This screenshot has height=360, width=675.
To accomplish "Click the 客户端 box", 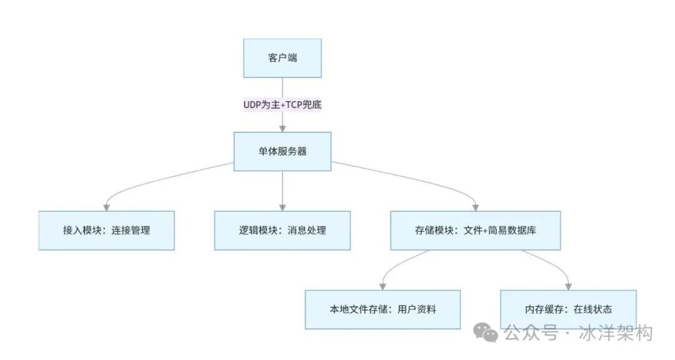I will tap(282, 57).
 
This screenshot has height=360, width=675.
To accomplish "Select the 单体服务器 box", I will tap(282, 151).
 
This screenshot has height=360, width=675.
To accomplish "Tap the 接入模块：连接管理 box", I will tap(106, 230).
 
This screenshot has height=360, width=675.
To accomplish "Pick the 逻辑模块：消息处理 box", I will tap(282, 230).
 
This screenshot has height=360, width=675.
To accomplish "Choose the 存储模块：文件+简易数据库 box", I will tap(476, 230).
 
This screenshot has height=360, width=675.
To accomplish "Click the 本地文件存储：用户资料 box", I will tap(382, 309).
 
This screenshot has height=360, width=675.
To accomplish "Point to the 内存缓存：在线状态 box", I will tap(568, 309).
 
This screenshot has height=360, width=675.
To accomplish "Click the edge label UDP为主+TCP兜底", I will tap(282, 104).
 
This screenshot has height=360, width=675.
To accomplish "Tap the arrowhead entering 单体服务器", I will tap(282, 128).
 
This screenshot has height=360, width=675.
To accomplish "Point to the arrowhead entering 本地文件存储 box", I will tap(382, 286).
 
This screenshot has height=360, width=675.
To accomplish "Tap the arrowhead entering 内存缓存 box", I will tap(568, 286).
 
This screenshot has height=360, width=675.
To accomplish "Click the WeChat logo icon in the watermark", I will tap(486, 332).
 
